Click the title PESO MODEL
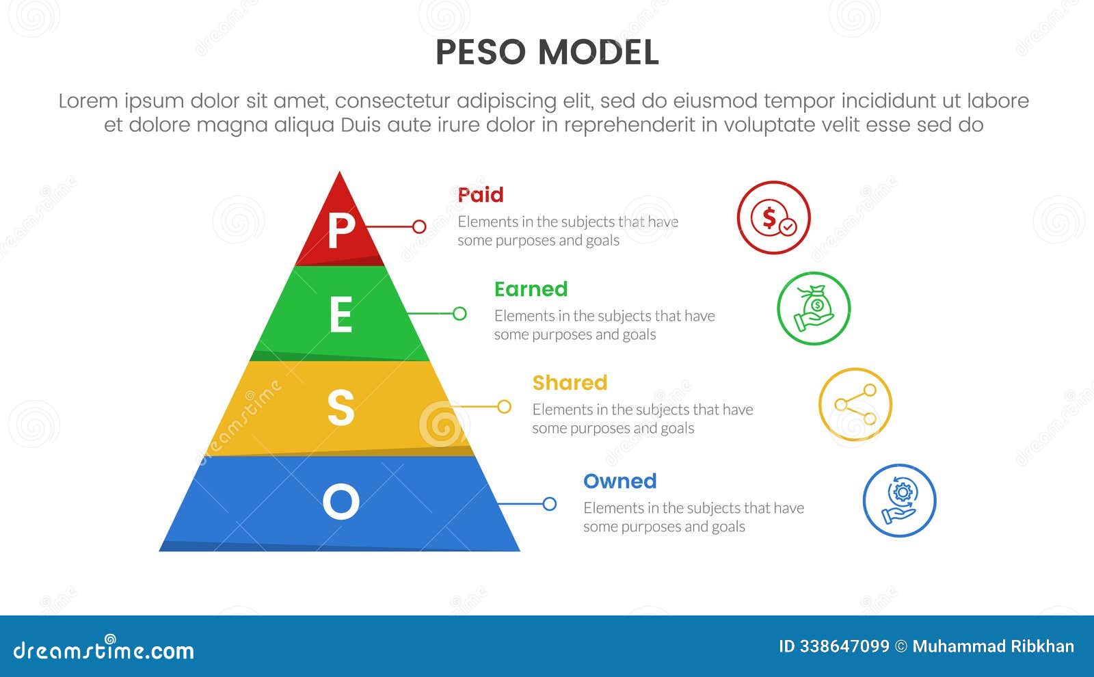click(547, 53)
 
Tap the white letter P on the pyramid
click(341, 230)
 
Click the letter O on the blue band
click(341, 501)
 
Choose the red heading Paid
click(481, 195)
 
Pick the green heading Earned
click(531, 289)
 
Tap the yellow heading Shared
click(570, 382)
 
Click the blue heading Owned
click(619, 481)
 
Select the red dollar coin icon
click(773, 217)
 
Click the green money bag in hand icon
click(814, 308)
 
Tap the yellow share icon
click(855, 405)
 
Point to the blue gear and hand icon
click(899, 501)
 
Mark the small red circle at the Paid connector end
click(419, 226)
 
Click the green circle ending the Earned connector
click(459, 313)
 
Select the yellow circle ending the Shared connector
click(504, 407)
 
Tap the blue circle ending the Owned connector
click(549, 504)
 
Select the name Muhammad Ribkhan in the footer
click(993, 647)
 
